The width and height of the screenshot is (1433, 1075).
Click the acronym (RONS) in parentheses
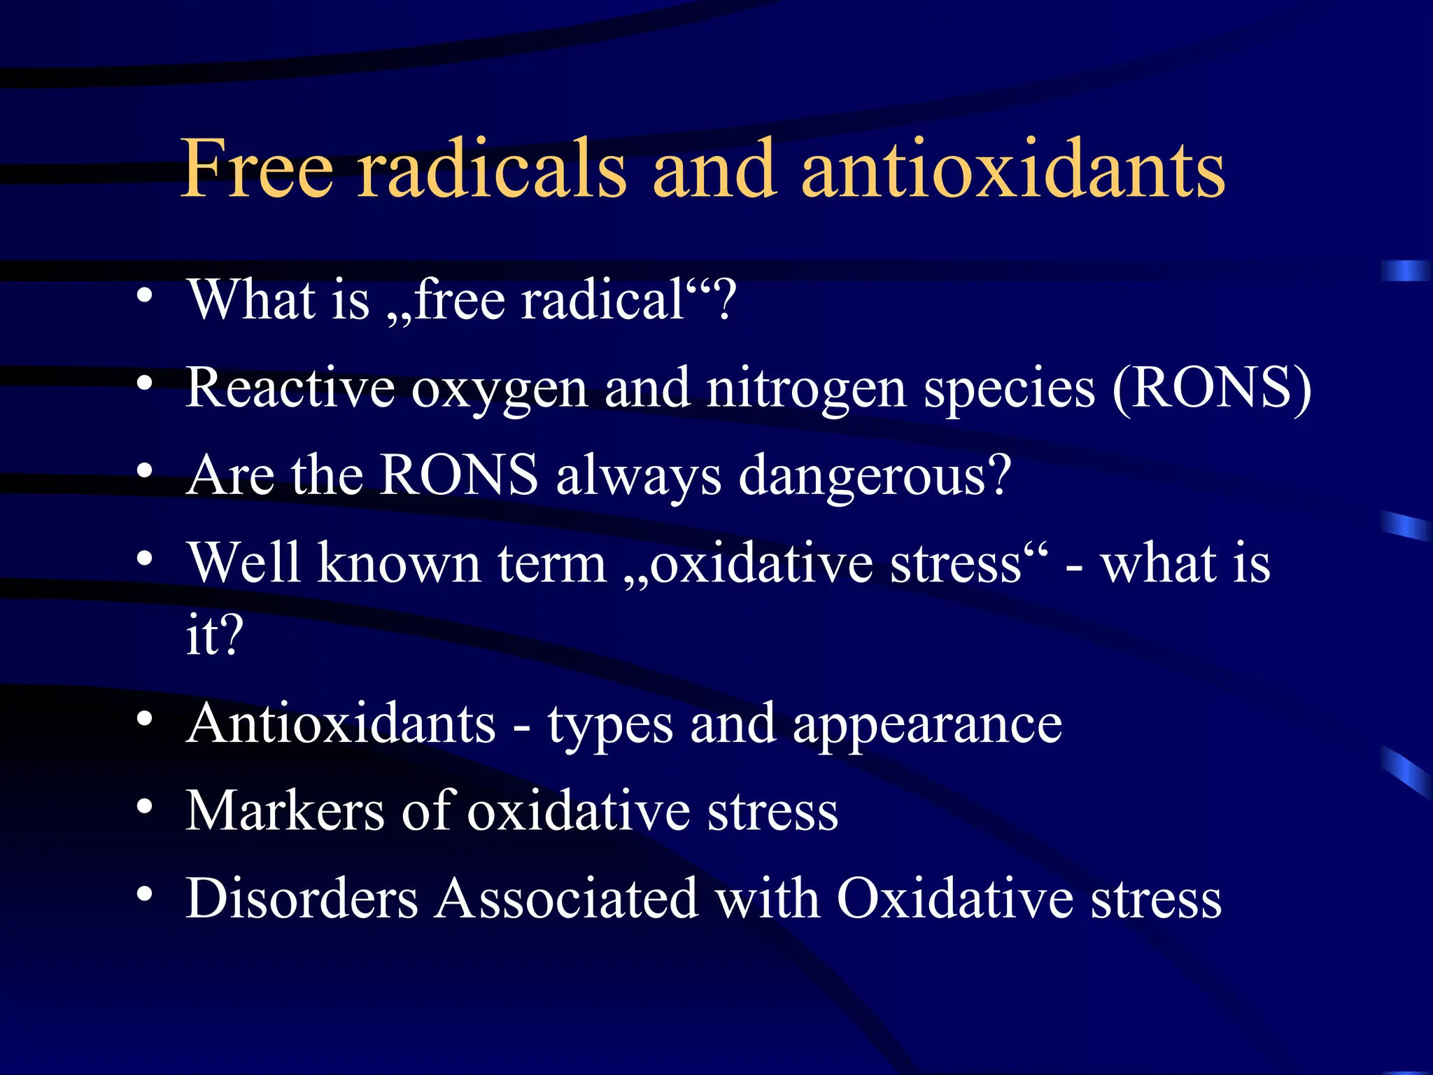(1211, 388)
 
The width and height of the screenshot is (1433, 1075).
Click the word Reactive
(290, 388)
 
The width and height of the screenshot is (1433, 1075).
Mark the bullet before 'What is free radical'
(144, 296)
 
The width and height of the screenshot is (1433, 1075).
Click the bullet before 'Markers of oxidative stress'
(144, 807)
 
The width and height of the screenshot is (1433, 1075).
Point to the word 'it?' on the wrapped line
(214, 635)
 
